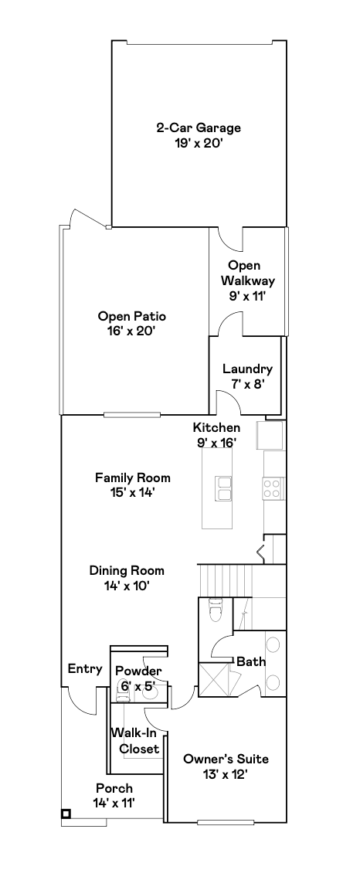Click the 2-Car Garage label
[198, 128]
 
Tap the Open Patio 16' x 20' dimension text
[131, 331]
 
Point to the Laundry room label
[247, 369]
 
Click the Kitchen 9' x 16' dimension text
[216, 442]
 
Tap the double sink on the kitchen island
[225, 488]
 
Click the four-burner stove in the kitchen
[273, 489]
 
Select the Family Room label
[133, 477]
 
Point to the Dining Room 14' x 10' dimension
[127, 586]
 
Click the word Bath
[251, 662]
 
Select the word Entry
[85, 669]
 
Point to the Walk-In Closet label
[135, 741]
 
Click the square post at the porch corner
[66, 814]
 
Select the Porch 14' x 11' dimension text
[114, 802]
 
